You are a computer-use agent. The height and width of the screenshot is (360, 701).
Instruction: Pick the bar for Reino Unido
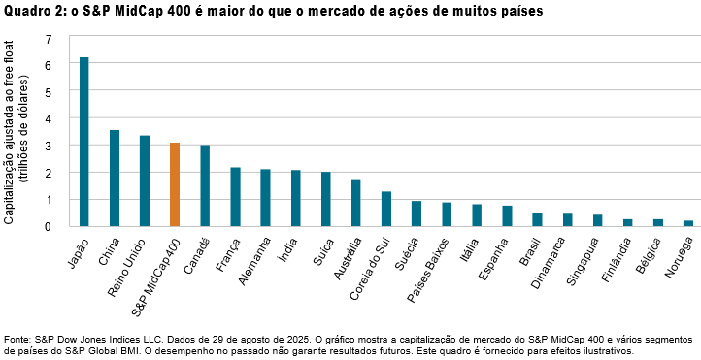[x=145, y=180]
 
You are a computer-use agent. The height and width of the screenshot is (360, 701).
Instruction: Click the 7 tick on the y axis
[x=48, y=38]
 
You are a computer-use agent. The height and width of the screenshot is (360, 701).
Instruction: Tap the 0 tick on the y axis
[x=48, y=226]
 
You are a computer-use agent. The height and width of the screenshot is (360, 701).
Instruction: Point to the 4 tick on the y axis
[x=48, y=118]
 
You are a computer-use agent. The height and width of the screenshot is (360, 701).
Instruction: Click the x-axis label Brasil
[x=529, y=249]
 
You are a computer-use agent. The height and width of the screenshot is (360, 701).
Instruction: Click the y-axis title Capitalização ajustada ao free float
[x=9, y=133]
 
